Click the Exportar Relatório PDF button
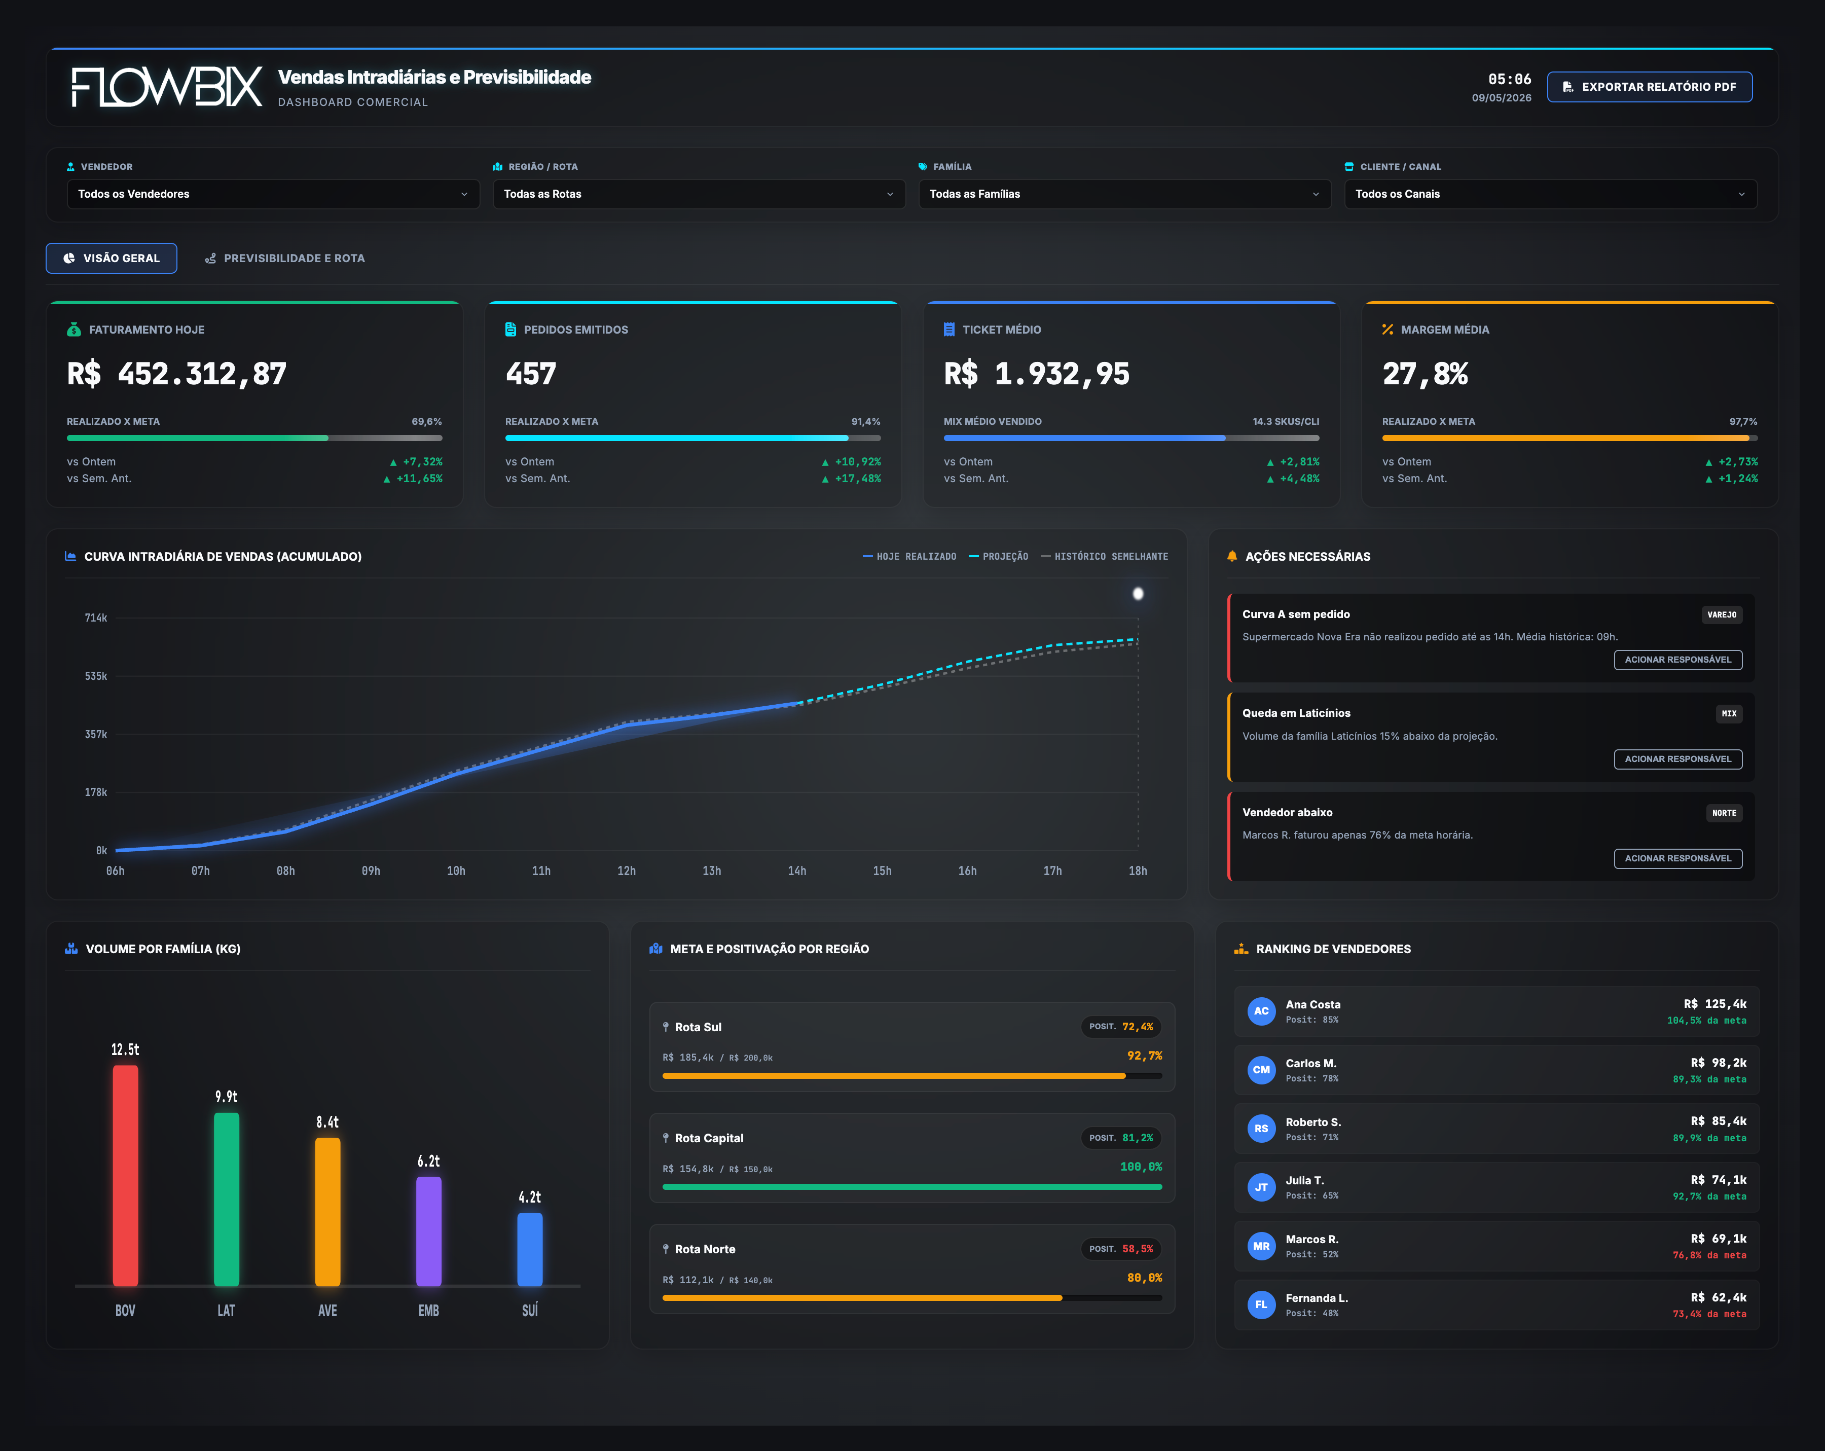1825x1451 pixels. [x=1649, y=87]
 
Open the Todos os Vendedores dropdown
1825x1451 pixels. [x=273, y=194]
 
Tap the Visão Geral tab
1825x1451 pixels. [x=112, y=258]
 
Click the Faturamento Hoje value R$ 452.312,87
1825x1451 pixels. [x=177, y=373]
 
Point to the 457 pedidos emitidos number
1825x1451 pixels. [x=531, y=373]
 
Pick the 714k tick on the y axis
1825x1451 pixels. [x=96, y=618]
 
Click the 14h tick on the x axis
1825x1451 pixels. [x=796, y=871]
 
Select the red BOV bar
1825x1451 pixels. [x=125, y=1176]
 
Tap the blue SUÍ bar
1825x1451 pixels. [x=530, y=1250]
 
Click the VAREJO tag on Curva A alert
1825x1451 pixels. [x=1722, y=614]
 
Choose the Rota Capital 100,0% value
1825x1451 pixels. [x=1141, y=1167]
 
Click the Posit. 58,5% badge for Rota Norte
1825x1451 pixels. [x=1121, y=1249]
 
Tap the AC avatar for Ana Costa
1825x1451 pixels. [x=1261, y=1011]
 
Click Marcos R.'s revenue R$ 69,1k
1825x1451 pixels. [x=1719, y=1239]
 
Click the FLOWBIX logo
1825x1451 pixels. [x=167, y=87]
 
